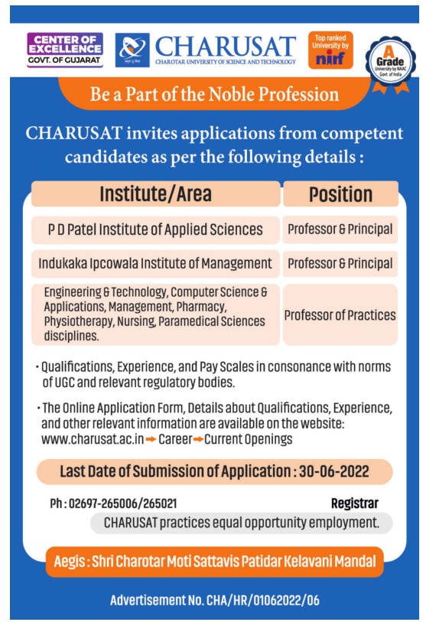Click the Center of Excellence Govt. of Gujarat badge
64,49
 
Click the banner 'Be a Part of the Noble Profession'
214,95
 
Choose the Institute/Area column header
155,194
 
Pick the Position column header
340,194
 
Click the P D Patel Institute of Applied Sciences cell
155,230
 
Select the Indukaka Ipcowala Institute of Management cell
155,264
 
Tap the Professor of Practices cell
340,314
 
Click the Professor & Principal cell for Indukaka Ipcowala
340,264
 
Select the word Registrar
354,503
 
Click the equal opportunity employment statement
242,523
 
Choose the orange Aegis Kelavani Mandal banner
214,562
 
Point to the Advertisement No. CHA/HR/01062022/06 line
214,600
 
